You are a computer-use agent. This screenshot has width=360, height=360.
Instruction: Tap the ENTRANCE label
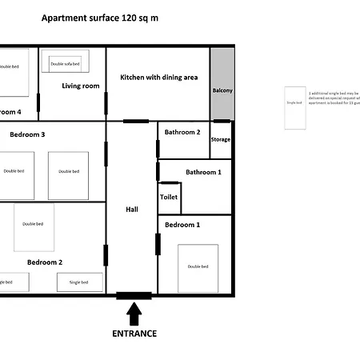134,334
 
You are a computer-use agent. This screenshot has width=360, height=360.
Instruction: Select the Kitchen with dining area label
158,78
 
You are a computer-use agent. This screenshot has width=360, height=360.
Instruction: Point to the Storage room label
221,139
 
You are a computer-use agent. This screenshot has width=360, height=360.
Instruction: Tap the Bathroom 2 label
182,131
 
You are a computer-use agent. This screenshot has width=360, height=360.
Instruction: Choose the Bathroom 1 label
203,172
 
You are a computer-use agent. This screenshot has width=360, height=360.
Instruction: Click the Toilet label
169,196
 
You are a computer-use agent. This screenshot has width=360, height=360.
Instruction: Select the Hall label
132,210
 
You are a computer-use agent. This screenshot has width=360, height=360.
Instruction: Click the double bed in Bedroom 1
198,267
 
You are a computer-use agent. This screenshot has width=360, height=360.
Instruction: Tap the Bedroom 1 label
182,225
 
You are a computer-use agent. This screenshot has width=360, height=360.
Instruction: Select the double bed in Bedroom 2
34,227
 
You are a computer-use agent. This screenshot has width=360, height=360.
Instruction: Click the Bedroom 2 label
45,262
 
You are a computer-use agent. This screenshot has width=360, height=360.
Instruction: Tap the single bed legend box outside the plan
294,108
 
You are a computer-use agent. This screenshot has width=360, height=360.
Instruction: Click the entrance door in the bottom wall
134,296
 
